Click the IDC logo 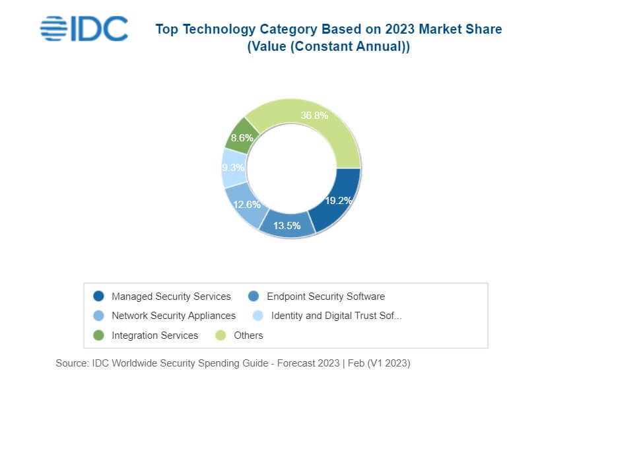click(84, 29)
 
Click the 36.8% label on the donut click(314, 116)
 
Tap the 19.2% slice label click(337, 201)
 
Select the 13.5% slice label click(287, 225)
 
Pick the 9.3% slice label click(233, 168)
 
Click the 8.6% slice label click(242, 138)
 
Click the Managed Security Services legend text click(171, 297)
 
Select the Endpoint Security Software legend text click(325, 297)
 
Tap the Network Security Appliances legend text click(174, 316)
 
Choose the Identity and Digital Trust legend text click(336, 316)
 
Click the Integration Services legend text click(154, 335)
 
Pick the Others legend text click(248, 335)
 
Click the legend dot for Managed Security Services click(99, 297)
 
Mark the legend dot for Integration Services click(99, 335)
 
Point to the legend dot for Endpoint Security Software click(254, 297)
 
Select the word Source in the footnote click(71, 363)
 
